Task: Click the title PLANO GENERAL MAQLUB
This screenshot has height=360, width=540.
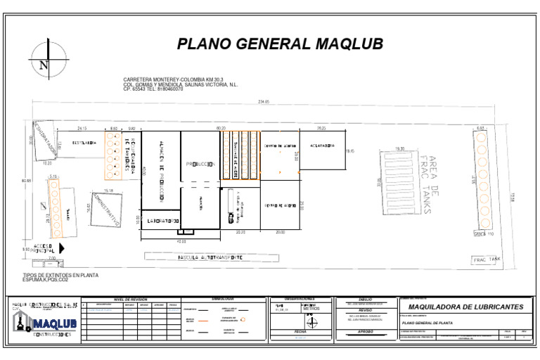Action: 280,44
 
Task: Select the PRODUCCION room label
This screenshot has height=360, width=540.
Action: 200,164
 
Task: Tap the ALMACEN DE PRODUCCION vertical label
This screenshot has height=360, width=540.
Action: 161,171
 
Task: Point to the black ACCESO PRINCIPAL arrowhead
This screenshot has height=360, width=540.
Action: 62,247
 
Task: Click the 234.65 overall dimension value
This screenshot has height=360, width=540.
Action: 264,102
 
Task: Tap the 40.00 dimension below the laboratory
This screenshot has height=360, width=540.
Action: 181,241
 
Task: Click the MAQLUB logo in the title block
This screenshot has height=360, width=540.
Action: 46,323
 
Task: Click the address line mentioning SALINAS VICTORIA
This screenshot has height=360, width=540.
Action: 181,84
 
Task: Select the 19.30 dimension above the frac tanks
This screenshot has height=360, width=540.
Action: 400,148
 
